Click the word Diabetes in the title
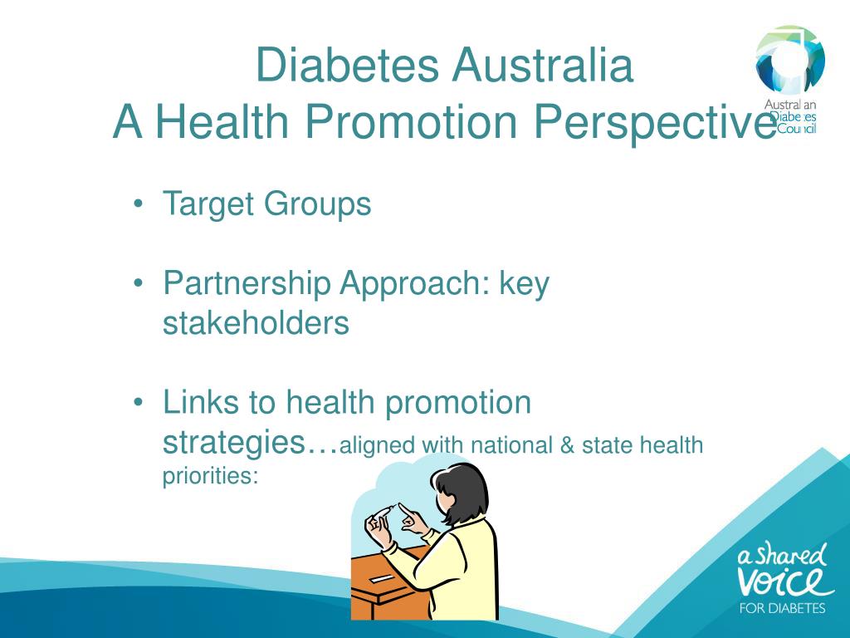(x=347, y=66)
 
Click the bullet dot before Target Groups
(x=138, y=204)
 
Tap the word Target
(x=209, y=204)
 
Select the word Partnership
(x=246, y=284)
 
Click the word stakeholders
(x=256, y=322)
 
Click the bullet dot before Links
(x=138, y=403)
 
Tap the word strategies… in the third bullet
(x=250, y=442)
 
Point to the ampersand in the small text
(x=567, y=445)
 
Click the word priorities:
(x=210, y=477)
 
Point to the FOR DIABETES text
(x=782, y=608)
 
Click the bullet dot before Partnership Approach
(x=138, y=284)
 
